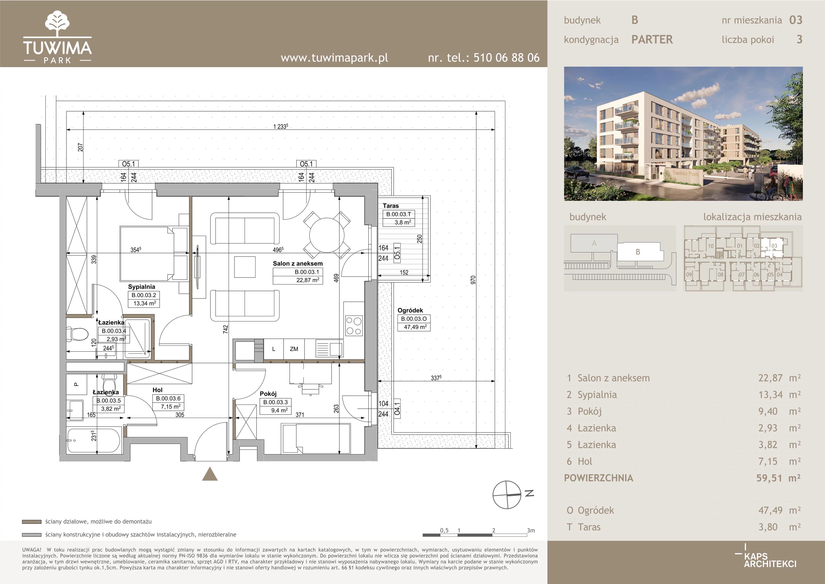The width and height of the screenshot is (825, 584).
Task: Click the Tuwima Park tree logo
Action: [x=57, y=23]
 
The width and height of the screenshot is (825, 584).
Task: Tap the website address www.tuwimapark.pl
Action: [x=334, y=58]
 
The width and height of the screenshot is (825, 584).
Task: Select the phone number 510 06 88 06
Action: [x=506, y=58]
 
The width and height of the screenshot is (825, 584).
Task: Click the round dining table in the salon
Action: [x=327, y=235]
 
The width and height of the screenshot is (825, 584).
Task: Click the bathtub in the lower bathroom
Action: [x=94, y=440]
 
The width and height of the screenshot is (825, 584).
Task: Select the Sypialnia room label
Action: [x=142, y=287]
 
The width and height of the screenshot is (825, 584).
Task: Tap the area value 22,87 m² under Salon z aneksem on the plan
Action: [x=308, y=280]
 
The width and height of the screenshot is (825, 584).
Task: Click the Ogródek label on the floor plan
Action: [x=410, y=310]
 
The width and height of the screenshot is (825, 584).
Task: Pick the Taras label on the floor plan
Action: [x=391, y=206]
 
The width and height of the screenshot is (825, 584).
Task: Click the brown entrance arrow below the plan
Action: [x=210, y=474]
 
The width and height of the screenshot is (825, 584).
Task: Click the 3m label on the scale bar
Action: [x=531, y=530]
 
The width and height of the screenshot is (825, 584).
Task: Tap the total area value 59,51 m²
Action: [x=778, y=478]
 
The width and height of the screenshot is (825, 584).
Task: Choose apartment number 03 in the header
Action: [x=796, y=20]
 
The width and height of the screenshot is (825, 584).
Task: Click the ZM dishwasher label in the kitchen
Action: [x=294, y=349]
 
